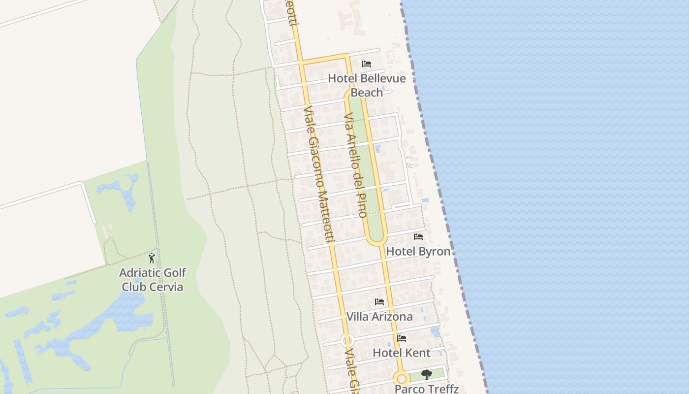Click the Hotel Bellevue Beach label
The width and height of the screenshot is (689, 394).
[367, 85]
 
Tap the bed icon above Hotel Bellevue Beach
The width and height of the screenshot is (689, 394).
[366, 64]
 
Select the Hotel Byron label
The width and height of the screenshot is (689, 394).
[418, 251]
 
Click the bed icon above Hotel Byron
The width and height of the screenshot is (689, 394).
[418, 237]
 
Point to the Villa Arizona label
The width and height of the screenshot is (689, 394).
[379, 316]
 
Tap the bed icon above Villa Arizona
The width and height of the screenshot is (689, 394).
[379, 302]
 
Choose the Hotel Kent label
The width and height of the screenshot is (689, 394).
[402, 353]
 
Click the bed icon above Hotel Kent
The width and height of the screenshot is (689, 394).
[402, 338]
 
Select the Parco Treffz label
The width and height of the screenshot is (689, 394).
[427, 389]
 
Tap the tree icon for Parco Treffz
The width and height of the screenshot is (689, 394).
[427, 375]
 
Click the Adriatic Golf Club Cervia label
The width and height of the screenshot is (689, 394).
[153, 280]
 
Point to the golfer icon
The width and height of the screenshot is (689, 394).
[152, 258]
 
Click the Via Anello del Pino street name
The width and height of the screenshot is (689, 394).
[355, 165]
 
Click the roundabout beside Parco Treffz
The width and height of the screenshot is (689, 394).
[402, 379]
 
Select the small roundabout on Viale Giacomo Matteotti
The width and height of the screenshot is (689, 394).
[347, 340]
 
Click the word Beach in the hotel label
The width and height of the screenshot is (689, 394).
[367, 93]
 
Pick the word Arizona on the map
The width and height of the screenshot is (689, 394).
[392, 316]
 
